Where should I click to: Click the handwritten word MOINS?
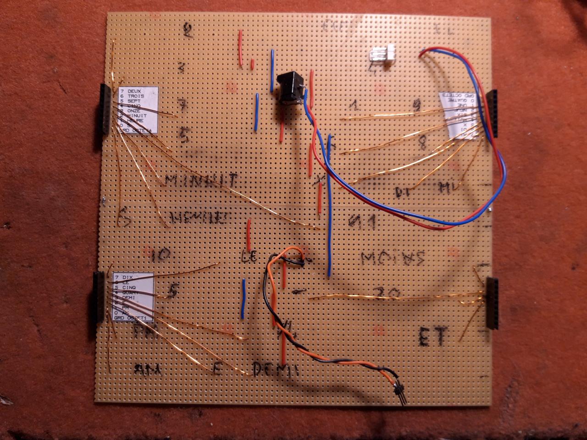[392, 259]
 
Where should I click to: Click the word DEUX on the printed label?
[136, 91]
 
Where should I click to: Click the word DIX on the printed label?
[129, 278]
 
